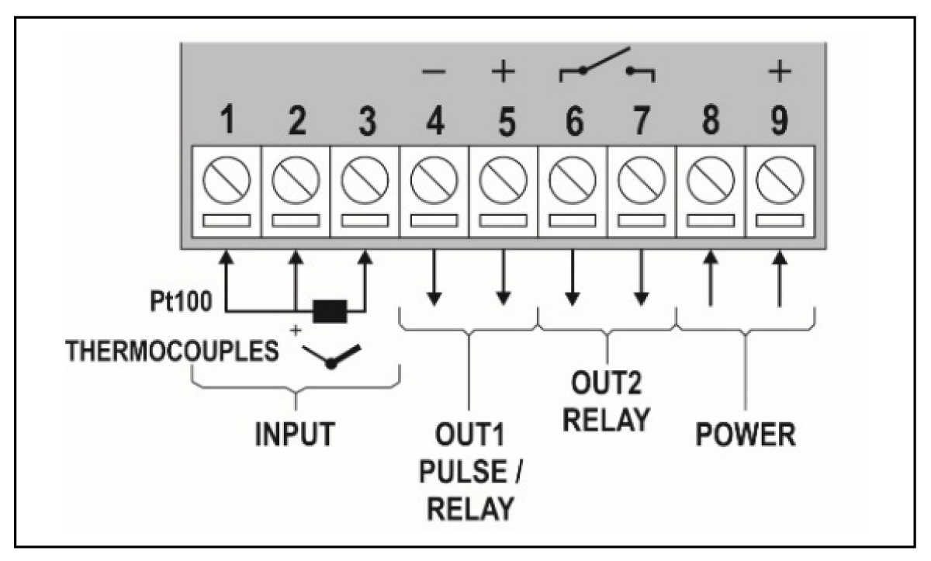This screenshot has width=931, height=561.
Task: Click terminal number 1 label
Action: point(226,122)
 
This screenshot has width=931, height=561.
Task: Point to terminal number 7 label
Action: point(641,122)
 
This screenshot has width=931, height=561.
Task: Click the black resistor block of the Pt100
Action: point(330,313)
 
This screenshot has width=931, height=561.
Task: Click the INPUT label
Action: point(296,435)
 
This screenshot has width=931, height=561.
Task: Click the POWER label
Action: point(745,435)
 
